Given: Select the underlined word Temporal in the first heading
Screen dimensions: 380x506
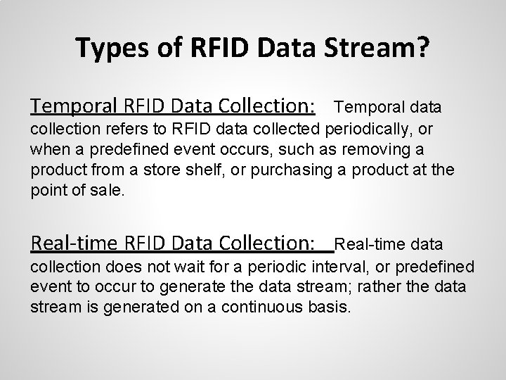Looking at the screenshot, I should click(75, 106).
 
